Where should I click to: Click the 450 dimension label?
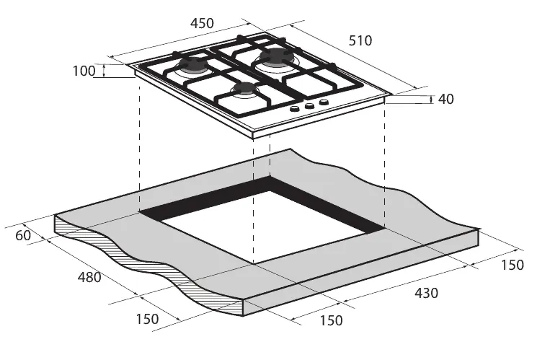(202, 23)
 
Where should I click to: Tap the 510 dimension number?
(360, 42)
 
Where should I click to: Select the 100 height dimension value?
(84, 71)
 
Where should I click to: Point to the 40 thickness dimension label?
(445, 100)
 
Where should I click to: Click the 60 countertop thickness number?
(23, 235)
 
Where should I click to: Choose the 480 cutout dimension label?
(89, 277)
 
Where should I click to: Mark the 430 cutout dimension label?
(425, 294)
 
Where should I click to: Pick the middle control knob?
(309, 106)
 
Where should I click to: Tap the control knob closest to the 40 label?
(324, 102)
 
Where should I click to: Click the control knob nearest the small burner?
(295, 110)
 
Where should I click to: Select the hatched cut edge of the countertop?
(144, 267)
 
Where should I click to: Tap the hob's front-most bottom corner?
(254, 137)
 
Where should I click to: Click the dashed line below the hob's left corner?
(139, 144)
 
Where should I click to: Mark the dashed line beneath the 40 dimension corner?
(384, 166)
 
